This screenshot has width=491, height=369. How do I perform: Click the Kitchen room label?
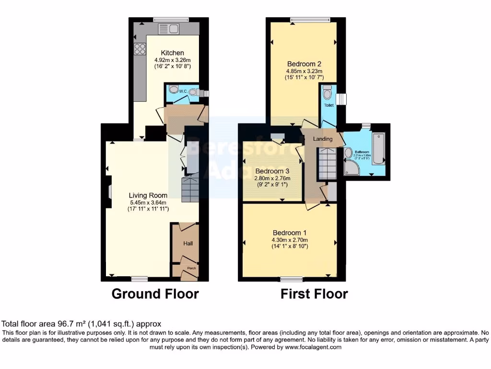172,53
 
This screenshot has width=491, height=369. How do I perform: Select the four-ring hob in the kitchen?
140,49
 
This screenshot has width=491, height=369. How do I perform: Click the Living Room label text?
148,195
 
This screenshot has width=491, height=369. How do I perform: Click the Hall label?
188,244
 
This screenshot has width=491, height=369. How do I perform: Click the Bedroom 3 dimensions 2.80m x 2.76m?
272,178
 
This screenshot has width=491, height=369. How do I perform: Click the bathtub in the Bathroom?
378,149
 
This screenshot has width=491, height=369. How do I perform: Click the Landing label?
323,139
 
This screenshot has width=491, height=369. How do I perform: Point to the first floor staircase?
328,163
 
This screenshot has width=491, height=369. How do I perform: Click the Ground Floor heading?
155,294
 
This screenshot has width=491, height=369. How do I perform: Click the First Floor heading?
314,294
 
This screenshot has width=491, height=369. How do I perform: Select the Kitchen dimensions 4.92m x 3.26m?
173,60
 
